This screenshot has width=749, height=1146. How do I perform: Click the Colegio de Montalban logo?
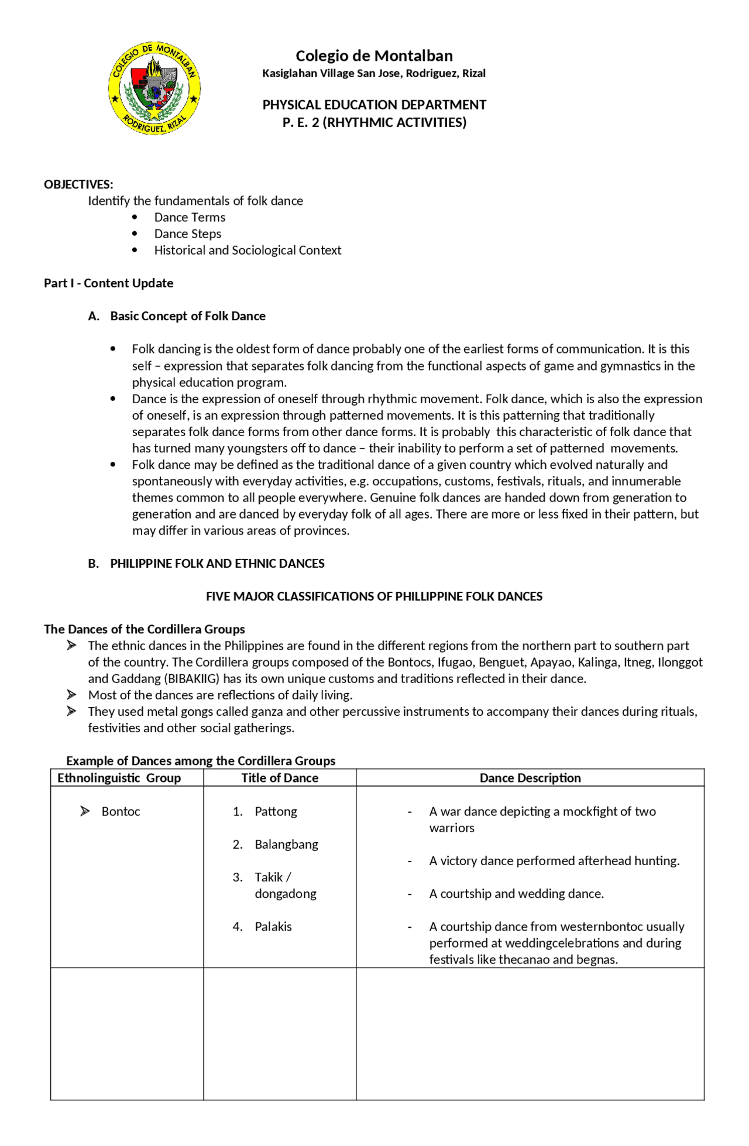point(154,88)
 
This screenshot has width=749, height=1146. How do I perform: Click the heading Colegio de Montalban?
point(374,56)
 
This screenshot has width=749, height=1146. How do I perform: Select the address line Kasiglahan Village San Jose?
point(374,73)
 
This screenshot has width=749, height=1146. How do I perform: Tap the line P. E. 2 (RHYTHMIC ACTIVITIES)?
point(374,122)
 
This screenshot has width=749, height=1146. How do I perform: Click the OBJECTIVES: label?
point(78,184)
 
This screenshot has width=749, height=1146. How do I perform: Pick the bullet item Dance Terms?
point(190,217)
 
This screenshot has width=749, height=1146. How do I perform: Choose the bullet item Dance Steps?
point(187,234)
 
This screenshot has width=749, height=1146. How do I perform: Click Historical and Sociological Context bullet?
point(248,250)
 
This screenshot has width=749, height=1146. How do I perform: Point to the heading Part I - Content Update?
point(108,283)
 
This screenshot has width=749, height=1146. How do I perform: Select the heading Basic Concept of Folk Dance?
point(187,316)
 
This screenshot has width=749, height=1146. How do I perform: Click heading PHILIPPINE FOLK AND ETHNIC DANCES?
point(217,563)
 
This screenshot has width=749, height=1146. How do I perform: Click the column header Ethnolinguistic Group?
point(119,778)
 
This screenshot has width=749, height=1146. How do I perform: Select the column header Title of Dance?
point(280,778)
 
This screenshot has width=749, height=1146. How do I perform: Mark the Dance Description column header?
point(530,778)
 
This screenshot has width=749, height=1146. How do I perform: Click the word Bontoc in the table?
point(121,811)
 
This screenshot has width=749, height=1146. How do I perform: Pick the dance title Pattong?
point(276,811)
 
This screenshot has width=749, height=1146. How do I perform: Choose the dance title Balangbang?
point(286,844)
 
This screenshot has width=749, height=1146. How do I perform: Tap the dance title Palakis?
point(273,927)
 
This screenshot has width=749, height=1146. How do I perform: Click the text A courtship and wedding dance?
point(516,894)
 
